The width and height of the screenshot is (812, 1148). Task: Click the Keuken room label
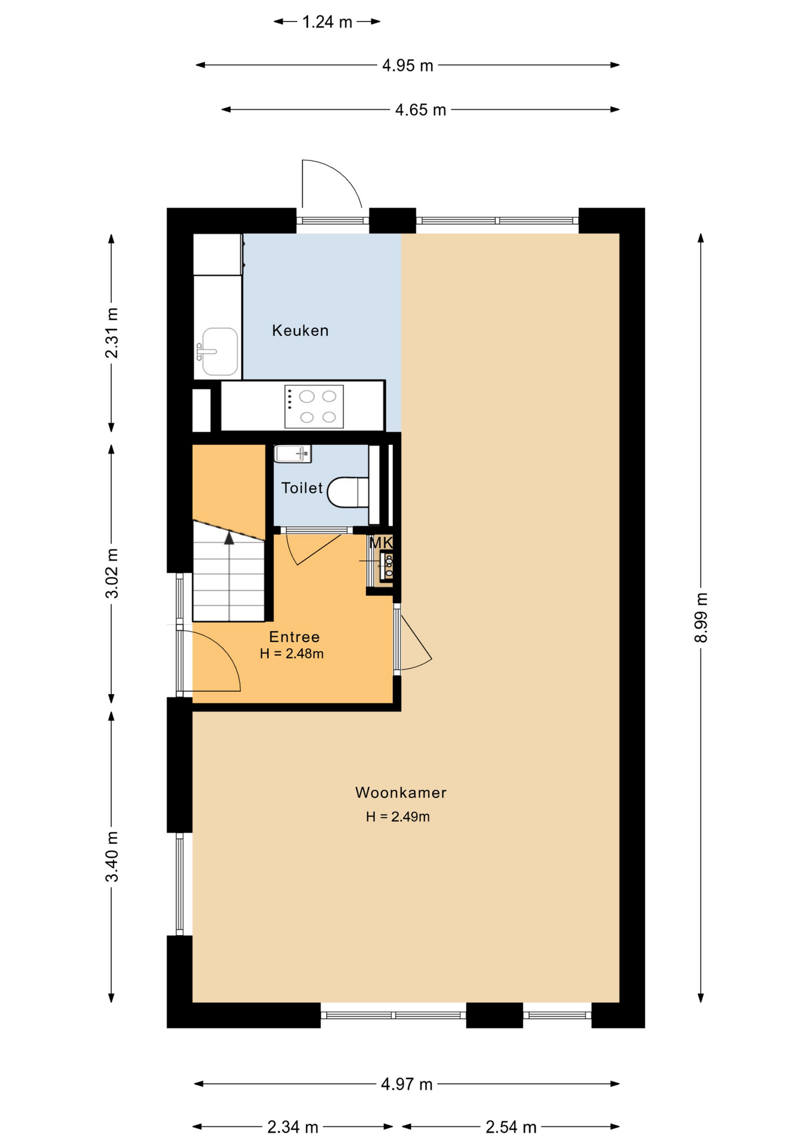tap(300, 331)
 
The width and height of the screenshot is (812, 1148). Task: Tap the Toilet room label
tap(302, 488)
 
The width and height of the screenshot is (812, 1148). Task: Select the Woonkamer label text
tap(401, 793)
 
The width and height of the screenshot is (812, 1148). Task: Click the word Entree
tap(294, 637)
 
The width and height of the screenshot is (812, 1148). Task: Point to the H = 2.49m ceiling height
tap(398, 817)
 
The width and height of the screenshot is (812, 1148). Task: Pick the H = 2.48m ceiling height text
tap(292, 654)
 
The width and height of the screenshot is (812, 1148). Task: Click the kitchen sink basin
tap(219, 352)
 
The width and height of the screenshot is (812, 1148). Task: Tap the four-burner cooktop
tap(314, 407)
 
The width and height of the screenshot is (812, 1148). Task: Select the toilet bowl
tap(348, 492)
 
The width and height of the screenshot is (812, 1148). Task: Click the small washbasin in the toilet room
tap(292, 454)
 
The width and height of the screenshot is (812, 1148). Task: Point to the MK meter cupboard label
tap(381, 543)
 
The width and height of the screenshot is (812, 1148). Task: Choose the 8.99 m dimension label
tap(701, 618)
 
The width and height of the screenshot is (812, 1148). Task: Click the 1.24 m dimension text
tap(327, 22)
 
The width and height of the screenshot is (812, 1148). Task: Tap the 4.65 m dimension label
tap(420, 110)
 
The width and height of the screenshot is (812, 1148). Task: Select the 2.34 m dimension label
tap(292, 1127)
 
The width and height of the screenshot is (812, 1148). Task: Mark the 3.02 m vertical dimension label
tap(112, 573)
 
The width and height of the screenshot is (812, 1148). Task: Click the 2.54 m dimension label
tap(511, 1127)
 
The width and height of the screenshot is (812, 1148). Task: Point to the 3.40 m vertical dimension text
tap(112, 857)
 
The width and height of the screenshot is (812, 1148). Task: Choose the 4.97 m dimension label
tap(407, 1084)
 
